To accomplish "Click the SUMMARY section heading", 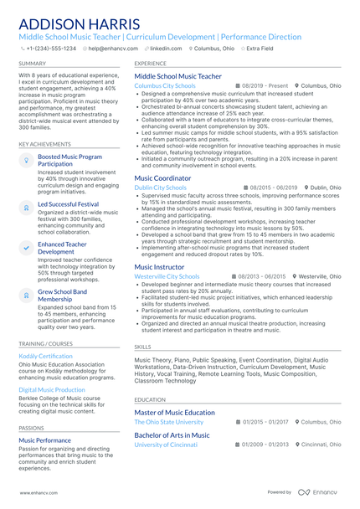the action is [33, 63].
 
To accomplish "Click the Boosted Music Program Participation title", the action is [70, 160].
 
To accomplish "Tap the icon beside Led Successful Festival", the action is [26, 205].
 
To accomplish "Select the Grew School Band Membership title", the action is [62, 295].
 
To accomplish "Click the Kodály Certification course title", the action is [45, 356].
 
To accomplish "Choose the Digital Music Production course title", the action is [52, 389].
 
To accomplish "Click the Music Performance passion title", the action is [45, 440].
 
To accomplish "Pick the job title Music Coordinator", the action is [162, 178].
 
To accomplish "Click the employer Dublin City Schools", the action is [160, 188].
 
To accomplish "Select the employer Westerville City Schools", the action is [167, 275].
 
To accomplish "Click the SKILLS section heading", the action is [143, 346].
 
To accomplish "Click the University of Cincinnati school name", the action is [166, 445].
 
